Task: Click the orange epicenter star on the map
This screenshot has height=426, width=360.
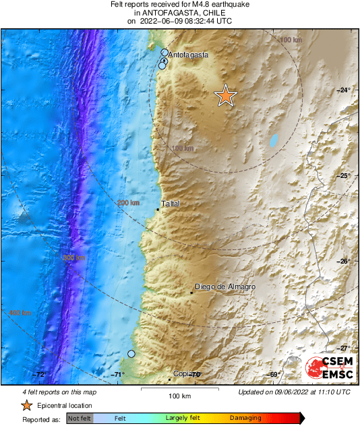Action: (x=226, y=96)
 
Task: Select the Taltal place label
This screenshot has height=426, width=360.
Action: (x=171, y=203)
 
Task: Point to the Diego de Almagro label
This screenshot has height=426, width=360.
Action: (x=224, y=286)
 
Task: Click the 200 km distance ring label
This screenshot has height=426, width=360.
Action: (x=128, y=203)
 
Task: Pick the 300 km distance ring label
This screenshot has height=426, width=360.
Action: (x=74, y=257)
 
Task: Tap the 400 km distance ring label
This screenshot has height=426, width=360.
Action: (x=20, y=313)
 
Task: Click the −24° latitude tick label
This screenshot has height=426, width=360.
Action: (x=344, y=90)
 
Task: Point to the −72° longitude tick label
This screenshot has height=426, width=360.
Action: (x=40, y=375)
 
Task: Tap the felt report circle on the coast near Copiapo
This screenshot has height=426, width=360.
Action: (x=131, y=354)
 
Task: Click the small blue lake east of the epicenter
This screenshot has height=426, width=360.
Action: (x=273, y=141)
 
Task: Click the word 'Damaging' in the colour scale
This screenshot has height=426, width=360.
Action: (x=246, y=419)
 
